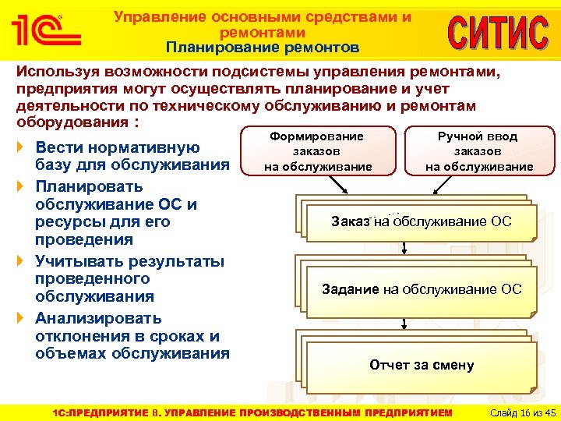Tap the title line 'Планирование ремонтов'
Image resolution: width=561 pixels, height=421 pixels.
tap(263, 48)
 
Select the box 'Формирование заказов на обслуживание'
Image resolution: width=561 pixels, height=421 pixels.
tap(317, 151)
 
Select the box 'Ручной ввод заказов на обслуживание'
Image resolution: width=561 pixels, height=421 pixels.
tap(478, 151)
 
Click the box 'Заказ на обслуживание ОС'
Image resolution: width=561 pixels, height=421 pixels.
tap(421, 221)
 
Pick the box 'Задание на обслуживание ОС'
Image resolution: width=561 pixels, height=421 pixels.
tap(422, 289)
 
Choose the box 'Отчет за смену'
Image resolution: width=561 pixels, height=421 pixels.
tap(422, 365)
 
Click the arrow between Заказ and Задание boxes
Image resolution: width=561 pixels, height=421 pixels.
tap(405, 248)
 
